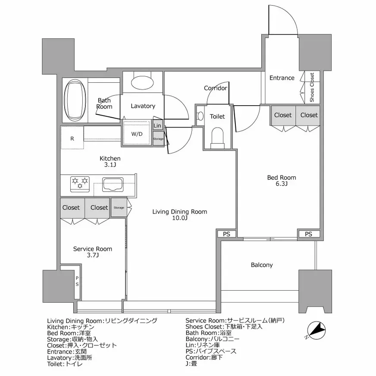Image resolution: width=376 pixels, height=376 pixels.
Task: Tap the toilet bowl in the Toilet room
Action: click(x=217, y=137)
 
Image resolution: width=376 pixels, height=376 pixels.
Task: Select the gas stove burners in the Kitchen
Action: click(x=80, y=183)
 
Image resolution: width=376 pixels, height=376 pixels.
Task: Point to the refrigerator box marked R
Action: click(x=72, y=138)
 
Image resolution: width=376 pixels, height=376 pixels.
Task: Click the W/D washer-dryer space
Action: click(x=137, y=134)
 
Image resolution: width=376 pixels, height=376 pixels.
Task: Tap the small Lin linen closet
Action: click(x=158, y=125)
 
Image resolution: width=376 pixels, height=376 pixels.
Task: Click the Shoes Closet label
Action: click(x=312, y=87)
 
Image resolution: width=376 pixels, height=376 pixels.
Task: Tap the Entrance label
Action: click(x=282, y=78)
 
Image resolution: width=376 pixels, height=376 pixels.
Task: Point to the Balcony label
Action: click(x=262, y=265)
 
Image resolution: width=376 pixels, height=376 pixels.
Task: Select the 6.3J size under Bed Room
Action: click(x=282, y=184)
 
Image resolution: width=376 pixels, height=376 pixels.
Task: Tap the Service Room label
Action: click(x=92, y=249)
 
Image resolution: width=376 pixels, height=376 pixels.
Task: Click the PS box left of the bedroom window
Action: click(x=226, y=234)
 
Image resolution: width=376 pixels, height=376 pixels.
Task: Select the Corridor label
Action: click(x=216, y=88)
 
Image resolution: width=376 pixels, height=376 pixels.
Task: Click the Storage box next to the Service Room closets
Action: click(x=119, y=207)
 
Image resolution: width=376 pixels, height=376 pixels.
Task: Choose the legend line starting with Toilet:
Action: click(x=65, y=364)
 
